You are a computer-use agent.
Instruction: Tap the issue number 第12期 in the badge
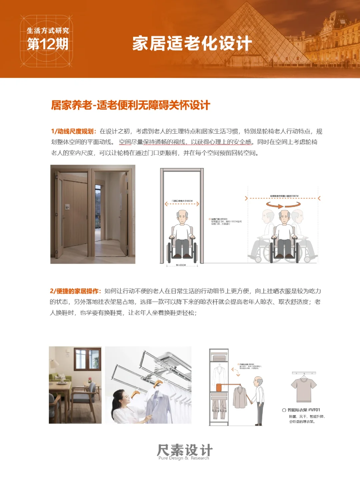[47, 44]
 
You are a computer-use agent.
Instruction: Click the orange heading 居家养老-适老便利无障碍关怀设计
[130, 105]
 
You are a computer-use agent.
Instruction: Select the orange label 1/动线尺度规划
[74, 131]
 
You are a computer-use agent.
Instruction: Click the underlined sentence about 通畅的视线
[185, 142]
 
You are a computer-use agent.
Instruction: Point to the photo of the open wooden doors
[93, 214]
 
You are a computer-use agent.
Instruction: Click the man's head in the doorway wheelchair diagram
[182, 217]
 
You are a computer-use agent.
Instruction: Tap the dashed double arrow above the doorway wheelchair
[182, 204]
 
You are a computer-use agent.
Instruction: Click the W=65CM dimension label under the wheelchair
[181, 265]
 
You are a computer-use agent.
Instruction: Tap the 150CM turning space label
[284, 196]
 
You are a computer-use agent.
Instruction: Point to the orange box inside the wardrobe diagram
[219, 387]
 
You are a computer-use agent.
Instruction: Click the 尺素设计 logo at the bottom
[184, 451]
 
